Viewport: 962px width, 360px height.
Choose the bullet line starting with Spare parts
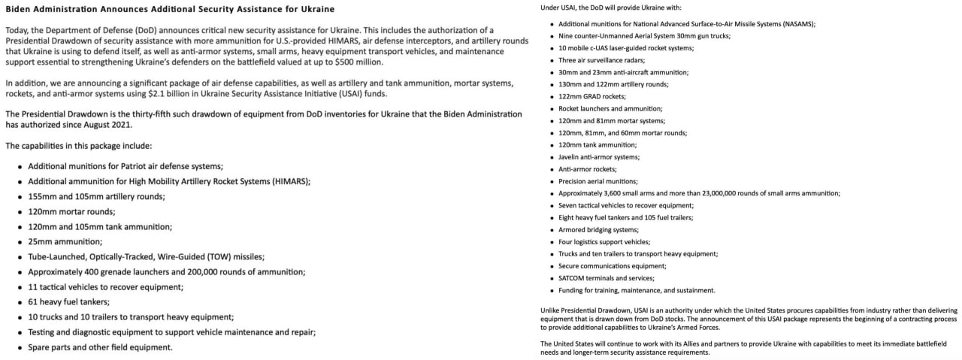click(x=100, y=347)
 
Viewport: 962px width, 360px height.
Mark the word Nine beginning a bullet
click(x=566, y=36)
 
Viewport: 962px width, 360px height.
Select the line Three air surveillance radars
click(x=602, y=60)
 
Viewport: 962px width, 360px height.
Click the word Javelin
click(x=570, y=157)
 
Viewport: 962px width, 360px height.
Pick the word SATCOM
click(x=571, y=278)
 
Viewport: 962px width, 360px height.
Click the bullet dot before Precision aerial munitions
click(x=552, y=181)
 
